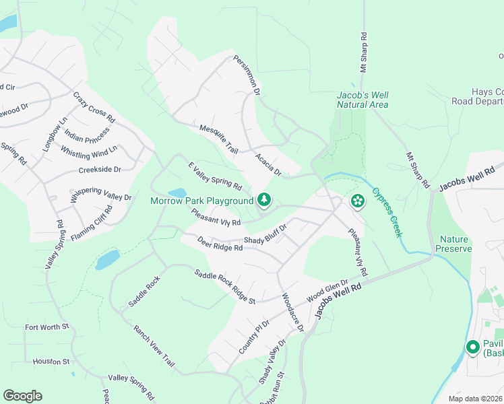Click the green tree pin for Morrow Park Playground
[x=264, y=199]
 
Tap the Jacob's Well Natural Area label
[x=363, y=100]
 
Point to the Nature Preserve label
[x=454, y=244]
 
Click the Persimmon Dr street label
[x=247, y=73]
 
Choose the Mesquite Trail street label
[x=219, y=137]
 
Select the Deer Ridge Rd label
[x=219, y=243]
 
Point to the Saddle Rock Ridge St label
[x=224, y=287]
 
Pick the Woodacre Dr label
[x=293, y=312]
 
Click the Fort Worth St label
[x=47, y=327]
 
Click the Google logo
[x=22, y=396]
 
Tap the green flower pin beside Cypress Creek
[x=357, y=200]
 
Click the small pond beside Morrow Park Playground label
[x=177, y=193]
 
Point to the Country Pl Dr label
[x=254, y=337]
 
